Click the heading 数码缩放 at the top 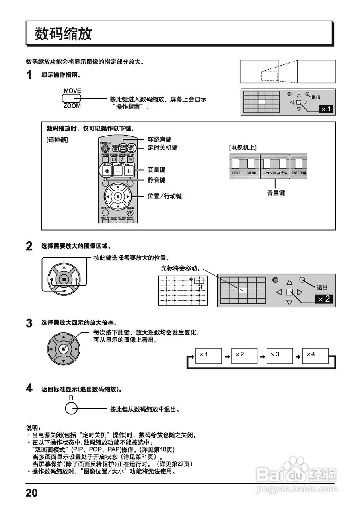[x=64, y=34]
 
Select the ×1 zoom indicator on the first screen [x=326, y=109]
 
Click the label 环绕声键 [x=160, y=140]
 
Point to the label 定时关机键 [x=162, y=148]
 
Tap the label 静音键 [x=156, y=180]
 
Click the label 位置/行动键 [x=165, y=196]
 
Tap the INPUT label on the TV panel [x=236, y=173]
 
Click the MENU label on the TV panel [x=251, y=173]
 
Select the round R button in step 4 [x=71, y=408]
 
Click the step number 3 [x=29, y=323]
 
